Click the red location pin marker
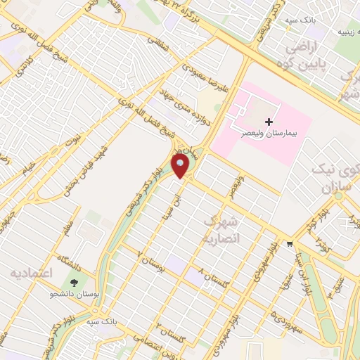[181, 166]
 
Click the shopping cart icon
[289, 244]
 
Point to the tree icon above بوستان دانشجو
[75, 283]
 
